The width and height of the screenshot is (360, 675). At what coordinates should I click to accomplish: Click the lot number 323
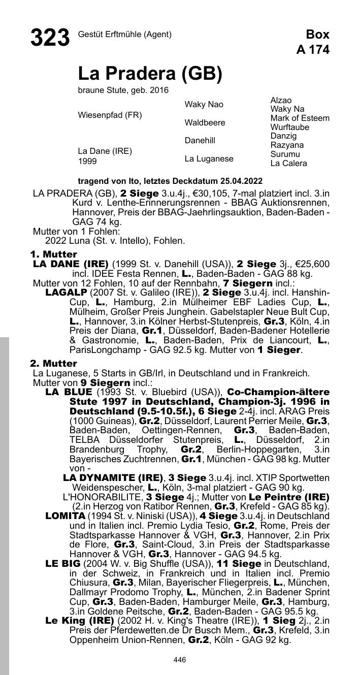[50, 38]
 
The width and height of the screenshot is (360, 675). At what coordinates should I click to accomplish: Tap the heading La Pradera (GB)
[150, 74]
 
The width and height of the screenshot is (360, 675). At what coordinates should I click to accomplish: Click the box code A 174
[313, 50]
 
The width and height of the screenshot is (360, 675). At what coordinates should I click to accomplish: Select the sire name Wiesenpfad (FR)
[110, 115]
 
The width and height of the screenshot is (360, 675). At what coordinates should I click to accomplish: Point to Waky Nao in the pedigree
[204, 105]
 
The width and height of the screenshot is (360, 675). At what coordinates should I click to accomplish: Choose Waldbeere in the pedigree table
[205, 123]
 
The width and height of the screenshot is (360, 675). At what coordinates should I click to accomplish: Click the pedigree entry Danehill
[200, 141]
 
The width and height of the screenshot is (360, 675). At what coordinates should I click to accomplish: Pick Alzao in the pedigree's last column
[281, 101]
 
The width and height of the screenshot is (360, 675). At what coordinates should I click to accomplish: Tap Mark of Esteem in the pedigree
[300, 118]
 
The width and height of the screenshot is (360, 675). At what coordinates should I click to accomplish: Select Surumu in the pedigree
[285, 154]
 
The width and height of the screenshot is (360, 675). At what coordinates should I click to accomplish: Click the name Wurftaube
[289, 127]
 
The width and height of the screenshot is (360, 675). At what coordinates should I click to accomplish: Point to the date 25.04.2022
[241, 181]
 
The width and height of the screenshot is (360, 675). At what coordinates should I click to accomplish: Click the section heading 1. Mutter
[53, 254]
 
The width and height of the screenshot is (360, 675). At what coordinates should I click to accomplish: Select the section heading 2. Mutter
[53, 363]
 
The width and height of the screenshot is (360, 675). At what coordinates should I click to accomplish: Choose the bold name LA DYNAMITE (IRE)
[113, 478]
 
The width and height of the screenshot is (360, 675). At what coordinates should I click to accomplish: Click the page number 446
[180, 660]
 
